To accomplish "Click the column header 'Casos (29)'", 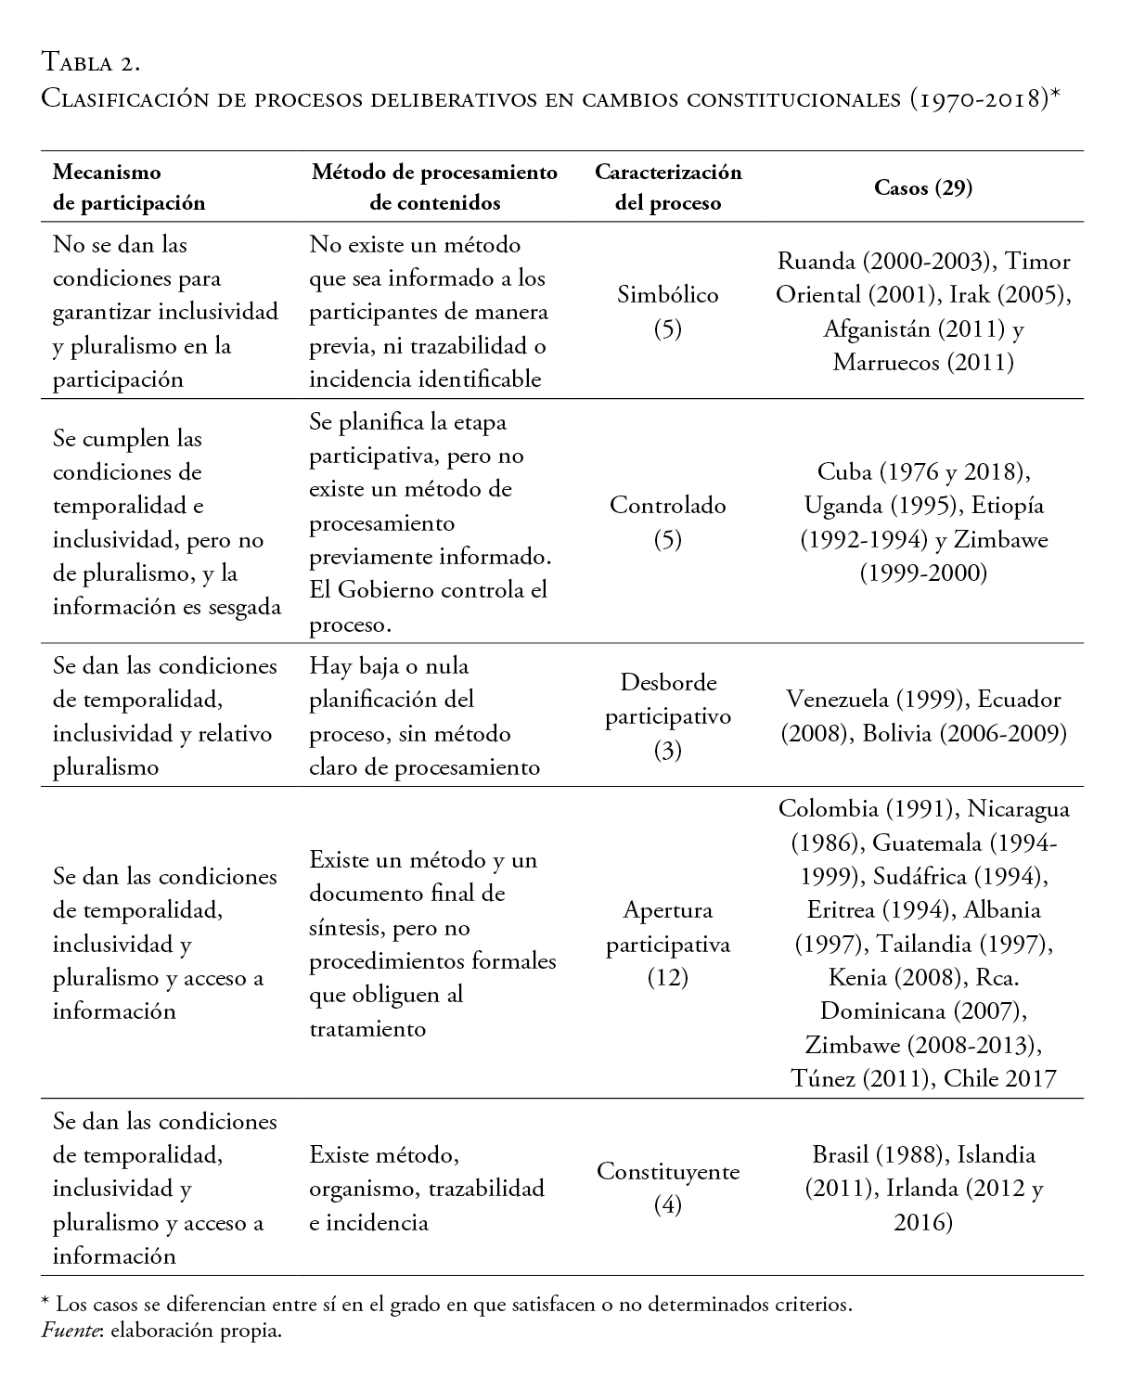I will point(922,187).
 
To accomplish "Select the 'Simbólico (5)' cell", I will point(667,311).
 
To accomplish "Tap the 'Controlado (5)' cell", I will point(667,521).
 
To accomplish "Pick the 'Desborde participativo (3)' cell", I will point(667,716).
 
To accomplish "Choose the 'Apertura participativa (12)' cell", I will point(667,944).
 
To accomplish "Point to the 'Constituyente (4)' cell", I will point(667,1188).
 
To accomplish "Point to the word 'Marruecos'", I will point(886,363).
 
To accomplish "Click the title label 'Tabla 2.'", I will point(91,63).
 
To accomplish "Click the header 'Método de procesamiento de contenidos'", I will point(434,187).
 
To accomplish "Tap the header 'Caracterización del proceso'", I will point(667,187).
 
